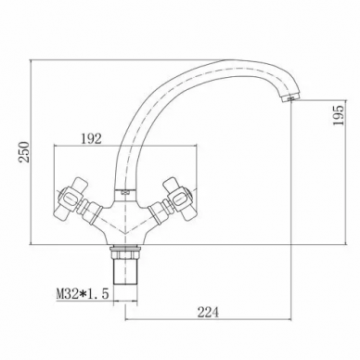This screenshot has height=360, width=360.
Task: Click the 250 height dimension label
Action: tap(24, 152)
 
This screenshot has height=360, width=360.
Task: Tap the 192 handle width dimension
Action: tap(91, 139)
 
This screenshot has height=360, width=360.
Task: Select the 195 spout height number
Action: tap(339, 115)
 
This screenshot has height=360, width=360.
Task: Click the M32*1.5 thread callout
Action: tap(83, 293)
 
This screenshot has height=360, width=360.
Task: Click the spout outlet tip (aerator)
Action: tap(290, 98)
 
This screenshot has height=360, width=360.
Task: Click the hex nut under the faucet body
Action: tap(125, 252)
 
